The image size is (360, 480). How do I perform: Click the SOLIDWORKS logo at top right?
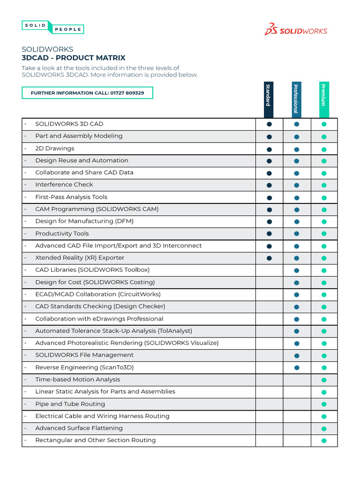296,30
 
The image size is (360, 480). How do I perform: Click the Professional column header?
296,98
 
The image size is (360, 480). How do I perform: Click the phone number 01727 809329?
127,93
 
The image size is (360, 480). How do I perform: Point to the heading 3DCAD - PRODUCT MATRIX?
74,58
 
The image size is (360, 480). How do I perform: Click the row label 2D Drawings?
55,149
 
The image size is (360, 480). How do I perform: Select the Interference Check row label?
64,185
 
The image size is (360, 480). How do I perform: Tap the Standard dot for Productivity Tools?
269,233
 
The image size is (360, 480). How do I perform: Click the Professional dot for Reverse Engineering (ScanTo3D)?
296,367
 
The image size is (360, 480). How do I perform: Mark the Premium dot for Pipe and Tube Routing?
323,404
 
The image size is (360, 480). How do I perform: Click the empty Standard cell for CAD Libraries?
269,270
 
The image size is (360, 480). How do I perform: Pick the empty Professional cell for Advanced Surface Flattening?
296,428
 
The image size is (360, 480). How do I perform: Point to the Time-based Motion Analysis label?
78,380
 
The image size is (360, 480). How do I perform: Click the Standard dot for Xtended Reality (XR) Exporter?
269,258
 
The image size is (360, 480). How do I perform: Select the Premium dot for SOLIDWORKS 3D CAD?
323,124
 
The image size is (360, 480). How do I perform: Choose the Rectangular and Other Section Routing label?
96,440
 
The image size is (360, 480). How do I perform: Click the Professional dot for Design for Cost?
296,283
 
